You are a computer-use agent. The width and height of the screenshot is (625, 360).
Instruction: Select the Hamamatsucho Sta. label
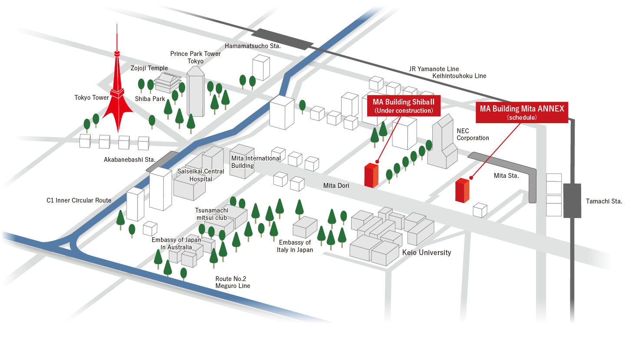pyautogui.click(x=253, y=46)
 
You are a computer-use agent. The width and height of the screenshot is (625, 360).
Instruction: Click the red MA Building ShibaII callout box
pyautogui.click(x=404, y=106)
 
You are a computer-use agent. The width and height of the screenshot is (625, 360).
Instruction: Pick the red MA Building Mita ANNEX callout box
pyautogui.click(x=522, y=112)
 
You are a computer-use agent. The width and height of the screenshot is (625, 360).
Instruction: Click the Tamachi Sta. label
pyautogui.click(x=604, y=201)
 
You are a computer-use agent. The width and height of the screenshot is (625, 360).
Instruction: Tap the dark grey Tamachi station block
pyautogui.click(x=572, y=200)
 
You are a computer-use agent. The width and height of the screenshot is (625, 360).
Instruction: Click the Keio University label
pyautogui.click(x=427, y=252)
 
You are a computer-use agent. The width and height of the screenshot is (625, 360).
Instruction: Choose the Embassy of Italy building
pyautogui.click(x=305, y=227)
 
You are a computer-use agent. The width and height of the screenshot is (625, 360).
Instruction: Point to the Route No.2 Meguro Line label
pyautogui.click(x=233, y=282)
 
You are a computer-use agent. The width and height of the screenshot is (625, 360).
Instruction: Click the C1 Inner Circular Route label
pyautogui.click(x=79, y=200)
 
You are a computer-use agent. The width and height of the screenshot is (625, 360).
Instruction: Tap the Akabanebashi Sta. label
pyautogui.click(x=124, y=160)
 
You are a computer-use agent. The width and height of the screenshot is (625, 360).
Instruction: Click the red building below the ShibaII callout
pyautogui.click(x=371, y=175)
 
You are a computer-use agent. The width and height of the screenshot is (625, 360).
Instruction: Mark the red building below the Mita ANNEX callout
pyautogui.click(x=462, y=190)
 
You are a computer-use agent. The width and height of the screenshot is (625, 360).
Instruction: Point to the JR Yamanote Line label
pyautogui.click(x=434, y=69)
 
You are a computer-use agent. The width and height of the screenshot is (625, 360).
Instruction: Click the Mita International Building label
pyautogui.click(x=256, y=162)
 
